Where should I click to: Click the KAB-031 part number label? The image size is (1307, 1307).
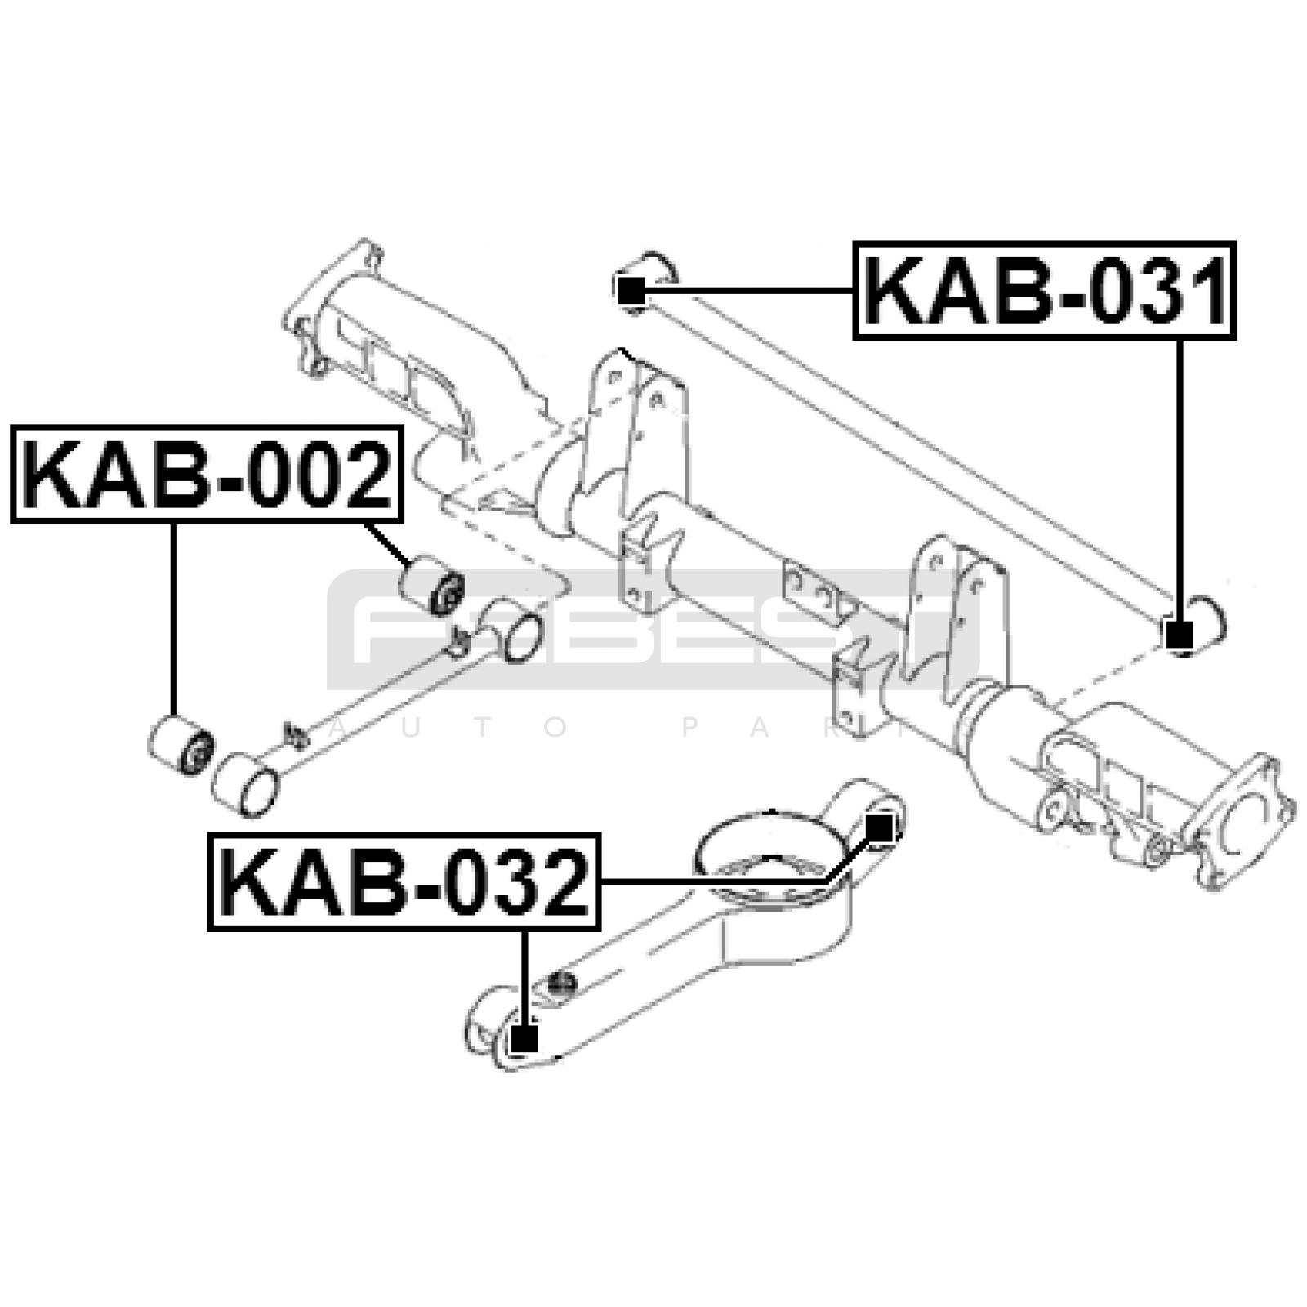[x=1044, y=290]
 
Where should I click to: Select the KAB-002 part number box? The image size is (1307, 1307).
[x=207, y=474]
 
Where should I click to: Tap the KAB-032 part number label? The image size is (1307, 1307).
[x=404, y=881]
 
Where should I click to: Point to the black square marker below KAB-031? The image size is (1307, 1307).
[x=1178, y=634]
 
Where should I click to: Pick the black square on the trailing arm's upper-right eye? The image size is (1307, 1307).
[x=879, y=828]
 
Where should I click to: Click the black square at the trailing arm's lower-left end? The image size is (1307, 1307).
[x=524, y=1040]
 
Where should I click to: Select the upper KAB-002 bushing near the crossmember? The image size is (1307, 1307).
[x=431, y=586]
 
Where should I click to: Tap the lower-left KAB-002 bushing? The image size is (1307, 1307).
[x=181, y=743]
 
